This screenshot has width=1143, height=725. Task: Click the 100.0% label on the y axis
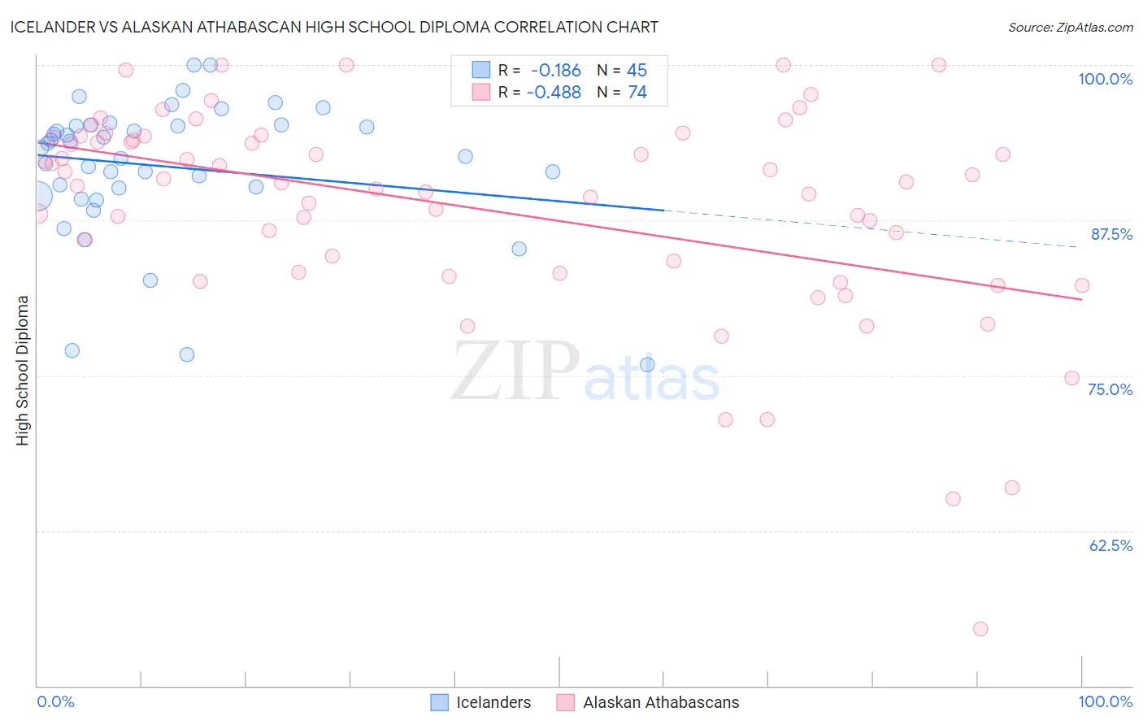coord(1105,79)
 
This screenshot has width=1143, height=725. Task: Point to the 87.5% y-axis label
coord(1111,234)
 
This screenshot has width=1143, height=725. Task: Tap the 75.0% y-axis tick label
coord(1110,389)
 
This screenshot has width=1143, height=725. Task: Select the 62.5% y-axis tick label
coord(1110,545)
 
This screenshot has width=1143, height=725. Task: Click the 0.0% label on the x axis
coord(55,701)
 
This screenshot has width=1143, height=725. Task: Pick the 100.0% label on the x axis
coord(1105,701)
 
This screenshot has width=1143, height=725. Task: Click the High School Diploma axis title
coord(23,370)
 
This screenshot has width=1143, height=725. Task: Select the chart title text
coord(334,27)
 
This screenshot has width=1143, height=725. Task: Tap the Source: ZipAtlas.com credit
coord(1070,27)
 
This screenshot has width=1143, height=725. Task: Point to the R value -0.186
coord(555,70)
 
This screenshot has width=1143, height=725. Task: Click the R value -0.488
coord(554,93)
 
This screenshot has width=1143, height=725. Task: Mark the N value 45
coord(637,70)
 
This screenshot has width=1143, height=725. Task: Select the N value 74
coord(637,93)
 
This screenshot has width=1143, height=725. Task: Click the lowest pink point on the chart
coord(980,629)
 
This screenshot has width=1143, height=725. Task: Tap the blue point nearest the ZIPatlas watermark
coord(647,365)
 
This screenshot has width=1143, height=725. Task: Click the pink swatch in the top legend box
coord(481,92)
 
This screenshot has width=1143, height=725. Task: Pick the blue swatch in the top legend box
coord(481,69)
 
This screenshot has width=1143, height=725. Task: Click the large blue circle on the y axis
coord(37,196)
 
